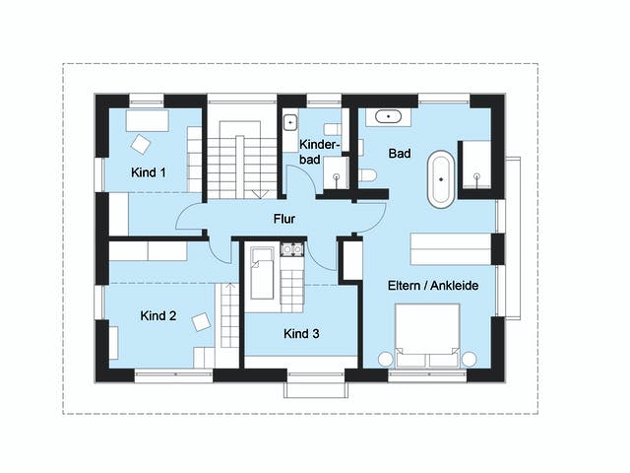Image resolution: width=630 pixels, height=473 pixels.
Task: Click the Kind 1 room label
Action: coord(149,172)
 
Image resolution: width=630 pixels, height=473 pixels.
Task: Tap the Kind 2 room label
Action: coord(158,316)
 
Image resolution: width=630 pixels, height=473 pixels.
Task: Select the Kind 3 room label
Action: coord(301,334)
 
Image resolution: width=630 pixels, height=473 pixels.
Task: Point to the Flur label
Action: coord(284,219)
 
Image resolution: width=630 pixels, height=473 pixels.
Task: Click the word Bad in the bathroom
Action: coord(400,155)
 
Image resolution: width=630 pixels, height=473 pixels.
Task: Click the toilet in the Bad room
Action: coord(366,175)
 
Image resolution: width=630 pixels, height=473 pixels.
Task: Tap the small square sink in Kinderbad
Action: coord(289,123)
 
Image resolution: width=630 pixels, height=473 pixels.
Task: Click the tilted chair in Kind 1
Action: coord(141,144)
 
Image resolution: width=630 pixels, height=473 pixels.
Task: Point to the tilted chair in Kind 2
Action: coord(202,321)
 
